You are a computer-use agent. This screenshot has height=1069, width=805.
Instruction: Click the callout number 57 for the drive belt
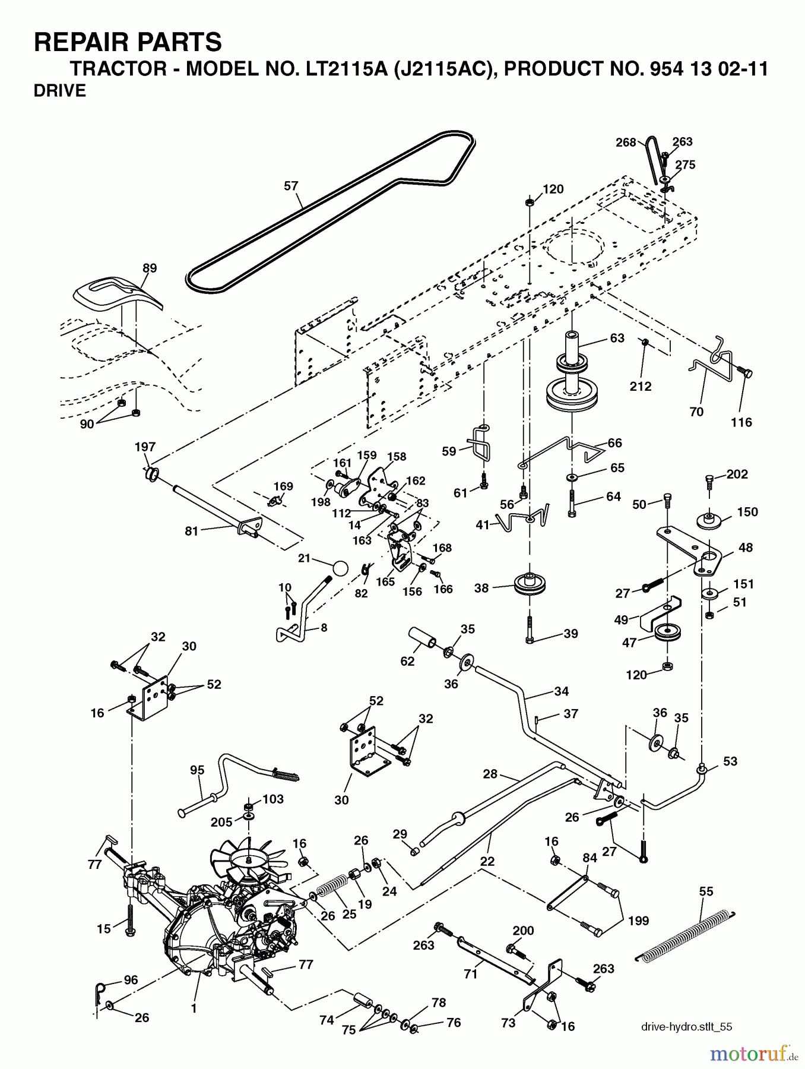291,186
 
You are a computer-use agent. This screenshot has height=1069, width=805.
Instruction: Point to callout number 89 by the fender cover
150,268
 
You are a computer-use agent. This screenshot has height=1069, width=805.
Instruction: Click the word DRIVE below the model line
60,91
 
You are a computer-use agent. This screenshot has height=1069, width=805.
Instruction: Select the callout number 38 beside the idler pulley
481,588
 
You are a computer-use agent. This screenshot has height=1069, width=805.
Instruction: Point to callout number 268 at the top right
625,142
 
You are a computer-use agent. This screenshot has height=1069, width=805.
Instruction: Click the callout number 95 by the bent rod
197,770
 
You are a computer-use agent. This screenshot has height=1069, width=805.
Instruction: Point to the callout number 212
641,387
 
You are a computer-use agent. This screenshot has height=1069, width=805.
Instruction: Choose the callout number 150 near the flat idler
747,512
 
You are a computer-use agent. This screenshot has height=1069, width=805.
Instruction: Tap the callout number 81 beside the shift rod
191,531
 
